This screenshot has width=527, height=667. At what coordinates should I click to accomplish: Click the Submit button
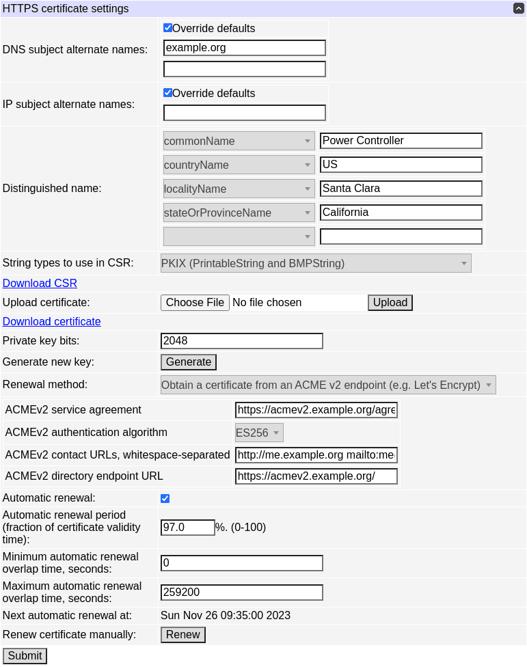[x=25, y=656]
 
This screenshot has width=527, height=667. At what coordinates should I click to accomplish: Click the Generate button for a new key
[x=189, y=362]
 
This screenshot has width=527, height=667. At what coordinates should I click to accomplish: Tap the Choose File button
[x=195, y=303]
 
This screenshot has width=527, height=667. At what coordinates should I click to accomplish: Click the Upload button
[x=390, y=303]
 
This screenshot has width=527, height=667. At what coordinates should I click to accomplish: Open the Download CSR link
[x=40, y=283]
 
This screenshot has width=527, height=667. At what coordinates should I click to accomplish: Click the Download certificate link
[x=52, y=321]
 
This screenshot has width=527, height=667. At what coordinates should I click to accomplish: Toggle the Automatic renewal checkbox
[x=165, y=498]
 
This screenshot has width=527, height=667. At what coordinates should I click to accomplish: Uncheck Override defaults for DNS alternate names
[x=167, y=28]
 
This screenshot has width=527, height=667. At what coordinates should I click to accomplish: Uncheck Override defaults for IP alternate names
[x=167, y=93]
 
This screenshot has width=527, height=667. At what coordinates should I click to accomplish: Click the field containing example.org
[x=244, y=48]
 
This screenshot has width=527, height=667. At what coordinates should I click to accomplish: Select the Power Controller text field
[x=401, y=141]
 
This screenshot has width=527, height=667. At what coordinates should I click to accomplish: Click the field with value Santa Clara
[x=401, y=189]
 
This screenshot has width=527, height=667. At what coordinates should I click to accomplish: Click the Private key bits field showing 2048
[x=241, y=341]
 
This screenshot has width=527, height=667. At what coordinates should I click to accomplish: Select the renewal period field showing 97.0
[x=187, y=528]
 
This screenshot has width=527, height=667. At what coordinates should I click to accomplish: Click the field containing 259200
[x=241, y=593]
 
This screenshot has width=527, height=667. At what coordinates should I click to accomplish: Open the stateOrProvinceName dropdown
[x=239, y=213]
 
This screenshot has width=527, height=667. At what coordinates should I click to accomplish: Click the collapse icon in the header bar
[x=519, y=9]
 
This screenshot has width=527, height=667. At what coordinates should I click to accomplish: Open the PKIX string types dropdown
[x=315, y=263]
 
